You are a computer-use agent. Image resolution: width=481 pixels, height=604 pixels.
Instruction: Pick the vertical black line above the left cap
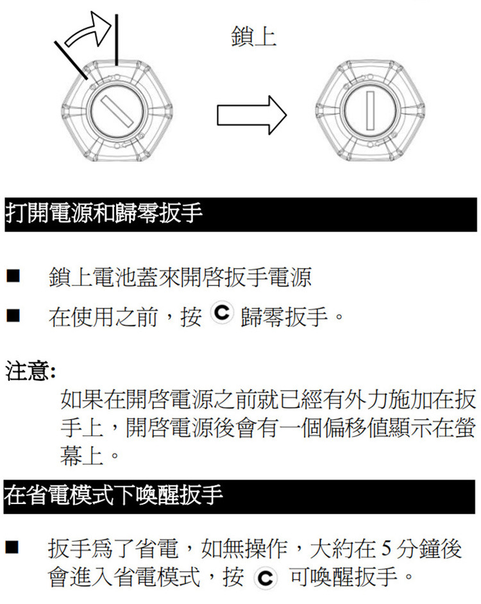pyautogui.click(x=117, y=38)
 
